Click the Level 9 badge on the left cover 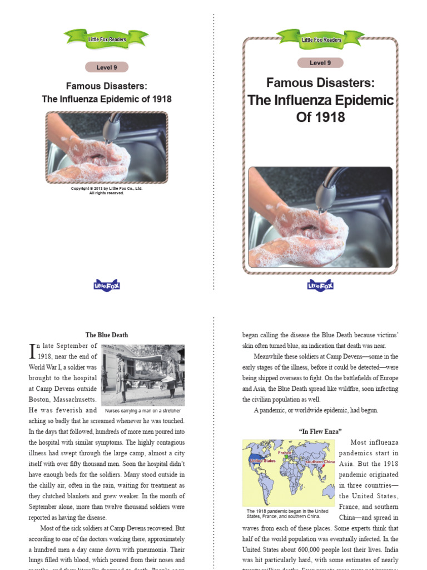point(107,67)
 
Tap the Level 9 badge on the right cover point(320,63)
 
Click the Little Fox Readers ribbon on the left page point(107,39)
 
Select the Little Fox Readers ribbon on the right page point(321,40)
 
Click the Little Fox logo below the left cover point(107,286)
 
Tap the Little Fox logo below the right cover point(320,286)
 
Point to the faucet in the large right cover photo point(328,189)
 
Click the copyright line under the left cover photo point(107,191)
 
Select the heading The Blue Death point(107,335)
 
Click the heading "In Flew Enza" point(320,431)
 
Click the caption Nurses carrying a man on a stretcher point(143,411)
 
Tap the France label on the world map point(285,453)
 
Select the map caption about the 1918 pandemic point(287,513)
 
